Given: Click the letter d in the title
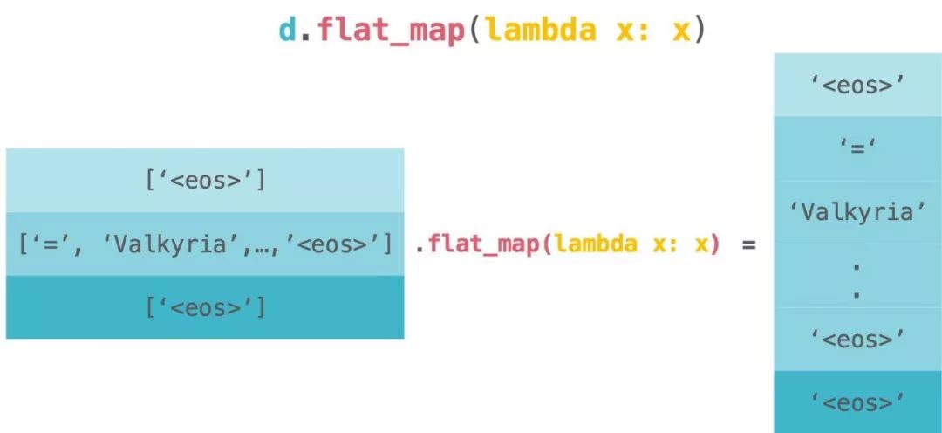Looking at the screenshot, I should point(288,29).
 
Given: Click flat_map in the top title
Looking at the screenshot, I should point(390,29).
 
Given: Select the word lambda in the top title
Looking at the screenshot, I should point(541,29).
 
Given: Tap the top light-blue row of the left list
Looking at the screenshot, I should point(205,180).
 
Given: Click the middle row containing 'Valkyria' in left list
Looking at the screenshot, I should point(205,244).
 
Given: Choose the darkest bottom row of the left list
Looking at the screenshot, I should point(205,307).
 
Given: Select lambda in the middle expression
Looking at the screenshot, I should point(595,244).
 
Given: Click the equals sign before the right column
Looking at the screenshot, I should point(748,244).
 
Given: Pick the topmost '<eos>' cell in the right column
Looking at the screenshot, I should point(857,85).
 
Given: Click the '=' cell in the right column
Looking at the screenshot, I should point(857,148).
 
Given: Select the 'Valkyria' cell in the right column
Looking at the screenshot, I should point(857,212).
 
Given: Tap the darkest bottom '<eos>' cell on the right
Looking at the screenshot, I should point(857,402).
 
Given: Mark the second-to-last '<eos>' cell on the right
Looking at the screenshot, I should point(857,339).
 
